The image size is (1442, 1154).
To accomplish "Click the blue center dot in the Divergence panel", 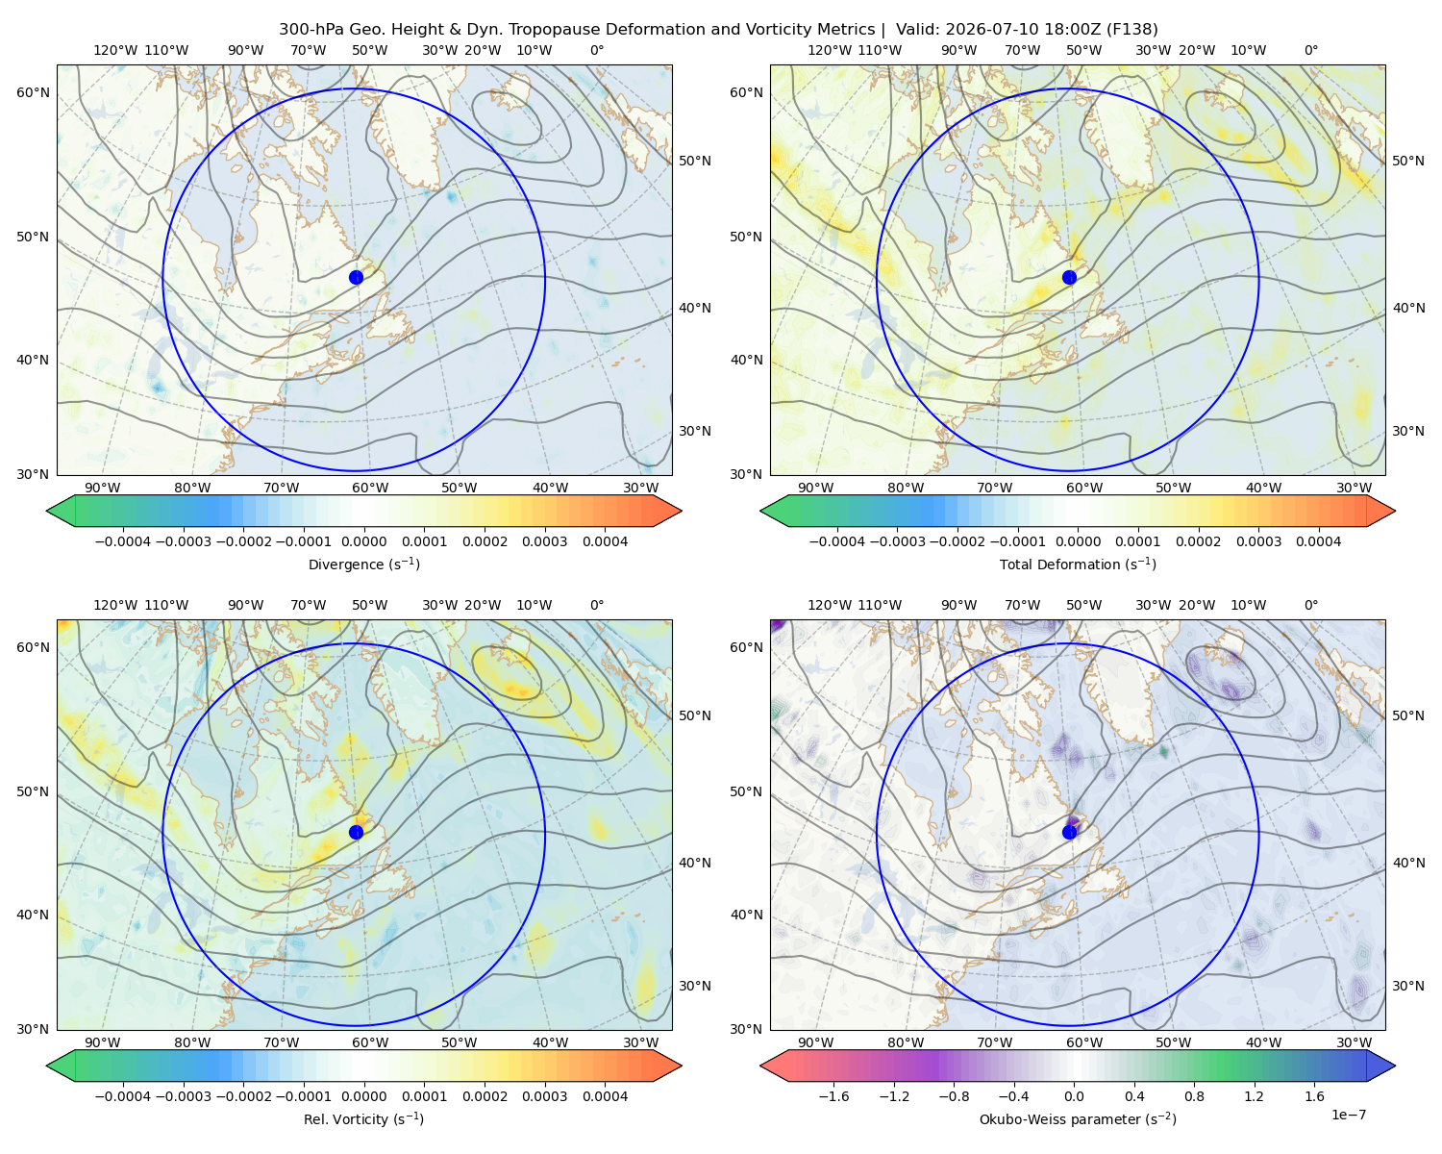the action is pos(356,278).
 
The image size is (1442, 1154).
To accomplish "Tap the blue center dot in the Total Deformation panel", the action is pos(1069,278).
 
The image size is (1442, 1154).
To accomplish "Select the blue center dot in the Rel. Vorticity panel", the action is pos(356,832).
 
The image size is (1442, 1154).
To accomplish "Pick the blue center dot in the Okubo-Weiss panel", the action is pos(1069,832).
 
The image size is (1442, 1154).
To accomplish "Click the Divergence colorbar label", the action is pos(363,564).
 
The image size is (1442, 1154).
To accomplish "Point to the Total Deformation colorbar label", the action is pos(1078,564).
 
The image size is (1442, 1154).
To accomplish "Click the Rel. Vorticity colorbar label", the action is pos(363,1119).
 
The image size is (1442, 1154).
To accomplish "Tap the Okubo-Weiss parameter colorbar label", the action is pos(1078,1119).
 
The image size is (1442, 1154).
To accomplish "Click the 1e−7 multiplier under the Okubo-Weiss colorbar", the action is pos(1348,1116).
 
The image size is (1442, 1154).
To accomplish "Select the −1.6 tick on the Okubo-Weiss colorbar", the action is pos(834,1096).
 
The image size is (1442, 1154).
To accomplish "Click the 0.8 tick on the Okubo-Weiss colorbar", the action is pos(1194,1096).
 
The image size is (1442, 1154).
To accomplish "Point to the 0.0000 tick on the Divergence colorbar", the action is pos(363,541).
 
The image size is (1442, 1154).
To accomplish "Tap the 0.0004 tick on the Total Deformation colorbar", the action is pos(1318,541).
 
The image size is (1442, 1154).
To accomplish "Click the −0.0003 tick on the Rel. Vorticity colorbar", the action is pos(183,1096).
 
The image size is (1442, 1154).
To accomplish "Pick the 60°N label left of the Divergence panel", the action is pos(33,92).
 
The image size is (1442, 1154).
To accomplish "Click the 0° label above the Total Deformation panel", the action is pos(1310,50).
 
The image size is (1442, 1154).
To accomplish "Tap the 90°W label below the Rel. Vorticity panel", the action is pos(103,1042).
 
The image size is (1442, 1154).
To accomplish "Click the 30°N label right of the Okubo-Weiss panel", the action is pos(1408,986).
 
